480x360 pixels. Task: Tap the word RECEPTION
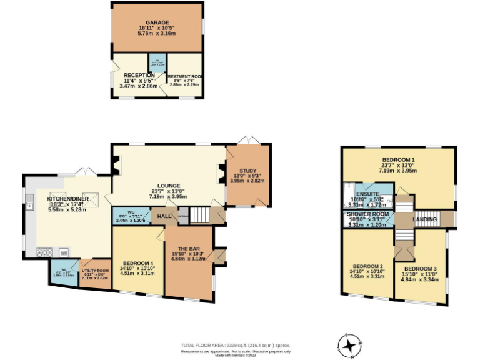[131, 76]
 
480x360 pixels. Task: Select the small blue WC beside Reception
[154, 63]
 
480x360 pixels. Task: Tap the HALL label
[164, 216]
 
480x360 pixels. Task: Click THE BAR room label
[188, 248]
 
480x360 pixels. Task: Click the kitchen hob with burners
[45, 252]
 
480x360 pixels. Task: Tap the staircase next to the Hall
[199, 216]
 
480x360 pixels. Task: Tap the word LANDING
[425, 219]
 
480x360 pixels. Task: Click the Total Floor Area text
[235, 345]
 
